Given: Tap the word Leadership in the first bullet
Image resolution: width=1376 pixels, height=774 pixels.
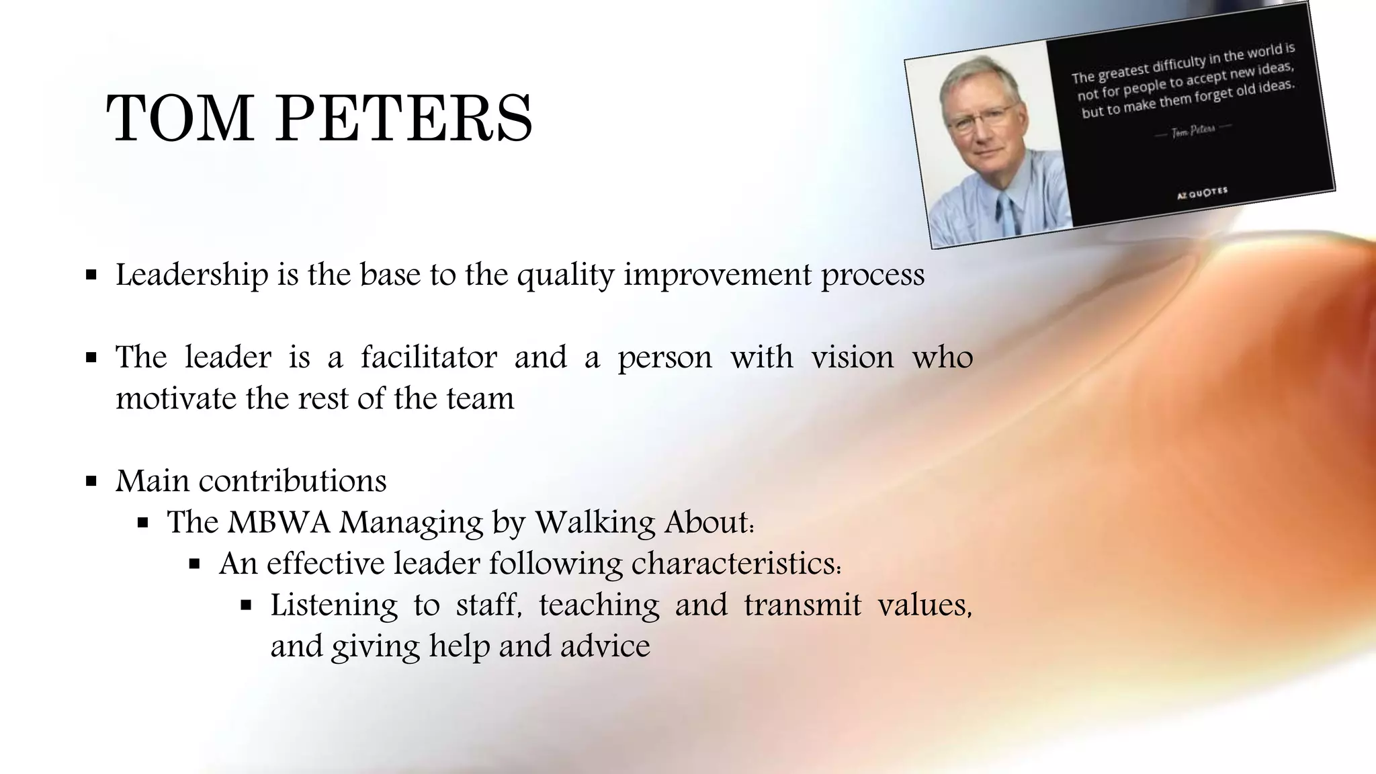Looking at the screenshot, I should click(192, 275).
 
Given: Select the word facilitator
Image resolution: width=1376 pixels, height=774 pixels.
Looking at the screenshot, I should click(429, 357).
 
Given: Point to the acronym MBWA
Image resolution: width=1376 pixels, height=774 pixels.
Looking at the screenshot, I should click(279, 522).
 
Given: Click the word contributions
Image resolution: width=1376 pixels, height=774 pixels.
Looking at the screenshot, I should click(292, 481).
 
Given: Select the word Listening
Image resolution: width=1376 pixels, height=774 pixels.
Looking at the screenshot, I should click(334, 605).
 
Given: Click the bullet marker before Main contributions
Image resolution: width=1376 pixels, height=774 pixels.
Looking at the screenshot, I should click(92, 482).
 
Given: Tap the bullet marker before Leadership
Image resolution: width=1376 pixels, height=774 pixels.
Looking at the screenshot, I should click(92, 275).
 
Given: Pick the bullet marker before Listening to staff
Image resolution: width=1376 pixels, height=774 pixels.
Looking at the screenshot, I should click(246, 605).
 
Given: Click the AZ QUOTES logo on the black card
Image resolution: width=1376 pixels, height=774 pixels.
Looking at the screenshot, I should click(1202, 193).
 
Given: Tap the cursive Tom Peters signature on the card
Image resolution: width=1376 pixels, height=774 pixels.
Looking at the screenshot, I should click(1193, 131).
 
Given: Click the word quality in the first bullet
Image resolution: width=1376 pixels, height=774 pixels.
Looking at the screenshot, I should click(566, 275).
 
